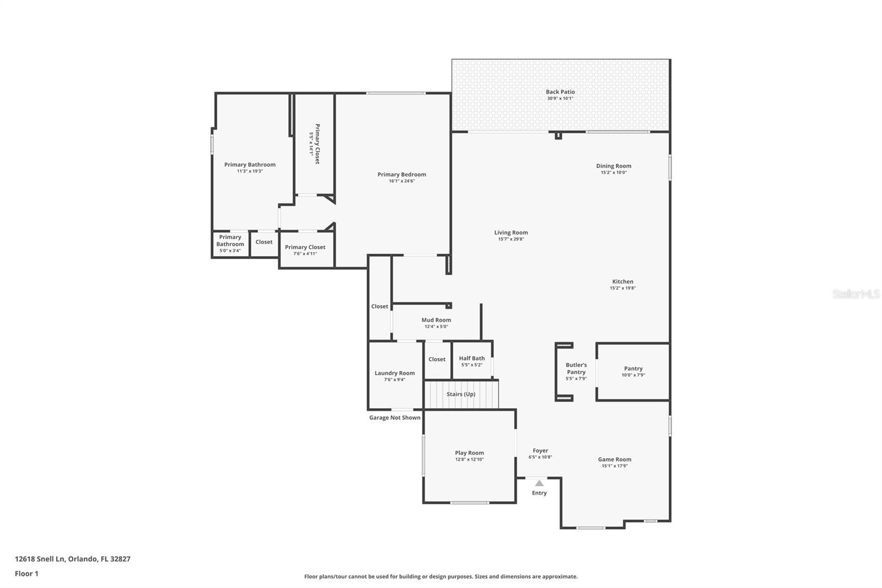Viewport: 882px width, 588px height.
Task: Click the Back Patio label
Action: click(560, 92)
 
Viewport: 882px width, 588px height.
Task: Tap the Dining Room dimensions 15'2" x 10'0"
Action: click(614, 173)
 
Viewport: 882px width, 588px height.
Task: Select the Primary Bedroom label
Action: click(401, 174)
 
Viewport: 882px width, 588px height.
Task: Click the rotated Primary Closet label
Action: click(317, 143)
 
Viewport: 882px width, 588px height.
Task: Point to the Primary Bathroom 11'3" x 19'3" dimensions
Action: click(250, 172)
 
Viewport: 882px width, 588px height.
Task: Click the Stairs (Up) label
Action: click(461, 394)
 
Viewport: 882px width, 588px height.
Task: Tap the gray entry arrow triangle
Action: click(539, 483)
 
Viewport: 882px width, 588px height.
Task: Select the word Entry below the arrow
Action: click(539, 493)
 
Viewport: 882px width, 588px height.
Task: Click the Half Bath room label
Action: click(472, 359)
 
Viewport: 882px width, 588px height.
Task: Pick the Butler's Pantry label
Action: click(576, 368)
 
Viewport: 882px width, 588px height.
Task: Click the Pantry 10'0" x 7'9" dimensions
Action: click(633, 375)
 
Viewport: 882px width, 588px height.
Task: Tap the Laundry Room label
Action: click(395, 373)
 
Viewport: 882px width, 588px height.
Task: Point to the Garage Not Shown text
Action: click(395, 418)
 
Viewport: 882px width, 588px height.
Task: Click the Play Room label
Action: click(469, 453)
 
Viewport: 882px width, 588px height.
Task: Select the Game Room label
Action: click(615, 459)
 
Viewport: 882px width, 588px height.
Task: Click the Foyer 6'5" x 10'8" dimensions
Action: click(540, 457)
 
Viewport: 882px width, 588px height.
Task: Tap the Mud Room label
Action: click(436, 320)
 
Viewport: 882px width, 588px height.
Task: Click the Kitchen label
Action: click(622, 281)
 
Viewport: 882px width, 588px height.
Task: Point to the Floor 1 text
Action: click(26, 574)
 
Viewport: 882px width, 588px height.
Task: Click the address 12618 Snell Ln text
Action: click(40, 559)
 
